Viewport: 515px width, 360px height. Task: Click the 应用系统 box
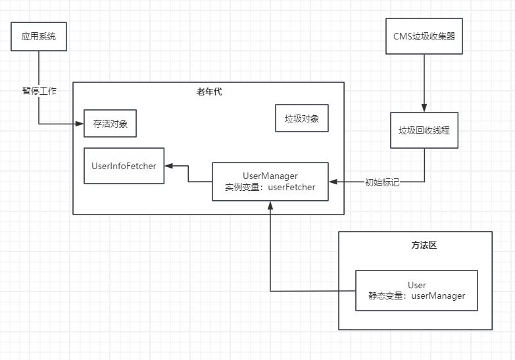click(39, 36)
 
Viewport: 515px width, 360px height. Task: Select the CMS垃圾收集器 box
click(424, 36)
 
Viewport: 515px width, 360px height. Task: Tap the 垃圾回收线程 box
click(424, 130)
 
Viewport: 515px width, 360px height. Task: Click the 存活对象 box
click(110, 123)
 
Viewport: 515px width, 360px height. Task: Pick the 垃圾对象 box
click(301, 118)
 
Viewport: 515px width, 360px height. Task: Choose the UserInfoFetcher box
click(124, 166)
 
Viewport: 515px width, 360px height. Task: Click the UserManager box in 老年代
click(270, 181)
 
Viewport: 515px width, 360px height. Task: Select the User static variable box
click(416, 290)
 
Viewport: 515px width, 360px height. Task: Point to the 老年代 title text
click(209, 91)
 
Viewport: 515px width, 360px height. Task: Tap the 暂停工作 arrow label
click(39, 91)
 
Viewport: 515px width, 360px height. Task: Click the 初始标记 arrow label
click(382, 182)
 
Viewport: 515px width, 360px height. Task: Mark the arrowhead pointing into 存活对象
click(80, 123)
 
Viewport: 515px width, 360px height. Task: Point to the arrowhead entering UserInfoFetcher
click(168, 166)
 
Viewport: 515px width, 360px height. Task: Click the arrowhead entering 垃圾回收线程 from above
click(424, 107)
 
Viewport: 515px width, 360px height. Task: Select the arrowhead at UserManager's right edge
click(333, 182)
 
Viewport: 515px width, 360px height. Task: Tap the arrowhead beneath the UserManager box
click(270, 205)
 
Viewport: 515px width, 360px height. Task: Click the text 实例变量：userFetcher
click(270, 187)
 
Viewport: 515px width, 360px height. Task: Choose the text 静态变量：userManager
click(416, 296)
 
